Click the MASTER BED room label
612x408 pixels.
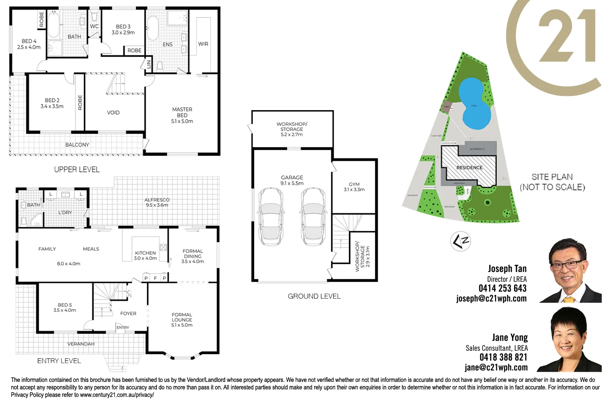point(182,113)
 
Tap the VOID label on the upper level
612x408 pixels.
point(113,113)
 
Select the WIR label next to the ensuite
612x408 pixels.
point(203,44)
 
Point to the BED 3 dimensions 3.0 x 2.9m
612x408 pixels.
point(123,33)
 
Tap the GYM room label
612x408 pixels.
point(354,184)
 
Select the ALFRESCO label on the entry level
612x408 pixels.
point(157,200)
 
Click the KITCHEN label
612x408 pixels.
point(146,253)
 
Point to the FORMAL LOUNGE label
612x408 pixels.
point(182,317)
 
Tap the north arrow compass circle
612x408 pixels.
point(460,241)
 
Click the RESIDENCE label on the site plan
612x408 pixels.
point(469,168)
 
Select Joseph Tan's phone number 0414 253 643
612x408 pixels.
point(502,288)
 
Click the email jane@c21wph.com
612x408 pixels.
point(496,367)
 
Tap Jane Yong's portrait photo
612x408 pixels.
point(570,339)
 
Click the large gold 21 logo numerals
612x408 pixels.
point(567,37)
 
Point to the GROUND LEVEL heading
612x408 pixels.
point(314,296)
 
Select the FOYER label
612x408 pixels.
point(128,313)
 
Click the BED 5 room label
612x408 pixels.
point(65,305)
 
